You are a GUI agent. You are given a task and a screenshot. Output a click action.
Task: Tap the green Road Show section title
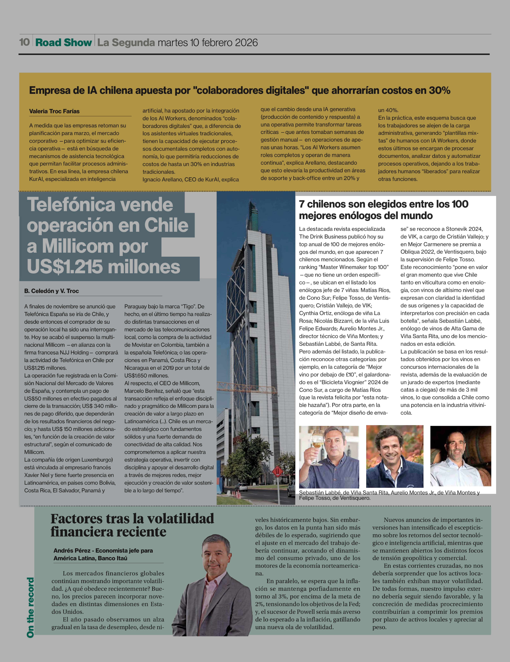tap(64, 42)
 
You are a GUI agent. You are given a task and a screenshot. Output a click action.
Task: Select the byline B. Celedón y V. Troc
tap(51, 291)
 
